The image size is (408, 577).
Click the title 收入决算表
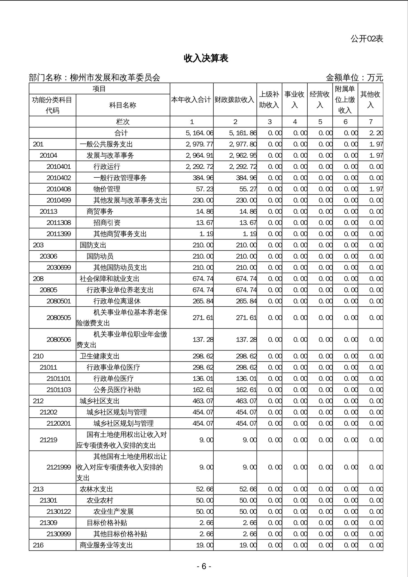pyautogui.click(x=206, y=58)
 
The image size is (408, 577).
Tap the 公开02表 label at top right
pyautogui.click(x=367, y=39)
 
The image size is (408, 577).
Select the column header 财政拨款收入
pyautogui.click(x=235, y=100)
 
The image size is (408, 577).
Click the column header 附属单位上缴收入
pyautogui.click(x=345, y=100)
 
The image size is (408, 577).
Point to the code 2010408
pyautogui.click(x=59, y=189)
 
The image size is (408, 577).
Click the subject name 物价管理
pyautogui.click(x=107, y=189)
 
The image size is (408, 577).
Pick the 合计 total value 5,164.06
pyautogui.click(x=199, y=133)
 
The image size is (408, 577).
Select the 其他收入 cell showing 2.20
pyautogui.click(x=376, y=133)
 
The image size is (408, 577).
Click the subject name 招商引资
pyautogui.click(x=107, y=223)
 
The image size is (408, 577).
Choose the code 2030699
pyautogui.click(x=59, y=267)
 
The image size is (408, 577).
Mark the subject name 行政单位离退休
pyautogui.click(x=117, y=301)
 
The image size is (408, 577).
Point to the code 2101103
pyautogui.click(x=59, y=390)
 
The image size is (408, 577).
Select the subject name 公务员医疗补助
pyautogui.click(x=117, y=390)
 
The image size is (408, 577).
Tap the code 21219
pyautogui.click(x=49, y=440)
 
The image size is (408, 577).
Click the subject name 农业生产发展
pyautogui.click(x=113, y=511)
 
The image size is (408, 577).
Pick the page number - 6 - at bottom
pyautogui.click(x=204, y=566)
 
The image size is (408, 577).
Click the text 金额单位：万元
pyautogui.click(x=354, y=78)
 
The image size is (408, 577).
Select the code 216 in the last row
pyautogui.click(x=38, y=545)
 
